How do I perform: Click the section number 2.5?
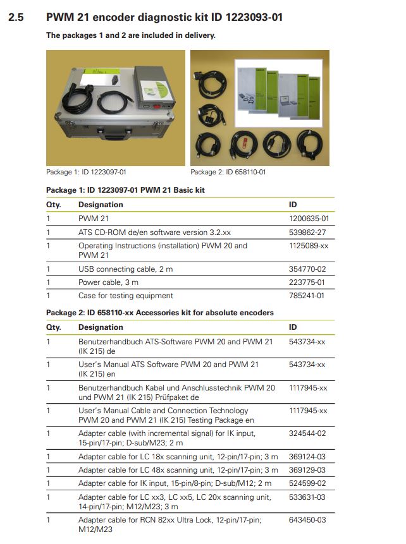click(16, 17)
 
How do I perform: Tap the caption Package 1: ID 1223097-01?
click(86, 172)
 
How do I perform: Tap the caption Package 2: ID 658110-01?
click(228, 172)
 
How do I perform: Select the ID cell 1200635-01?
click(309, 219)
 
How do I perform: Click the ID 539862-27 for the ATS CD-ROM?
click(307, 233)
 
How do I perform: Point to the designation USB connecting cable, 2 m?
click(125, 269)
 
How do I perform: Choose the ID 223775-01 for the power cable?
click(307, 282)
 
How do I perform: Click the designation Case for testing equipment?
click(126, 296)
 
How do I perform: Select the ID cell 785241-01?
click(307, 296)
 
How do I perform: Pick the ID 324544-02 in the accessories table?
click(307, 433)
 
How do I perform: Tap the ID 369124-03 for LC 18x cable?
click(307, 457)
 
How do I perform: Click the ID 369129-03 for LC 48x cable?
click(307, 470)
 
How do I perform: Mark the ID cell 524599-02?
click(307, 483)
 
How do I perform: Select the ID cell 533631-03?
click(307, 497)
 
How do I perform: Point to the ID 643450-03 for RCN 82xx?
click(307, 520)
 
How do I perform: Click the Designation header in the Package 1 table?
click(101, 205)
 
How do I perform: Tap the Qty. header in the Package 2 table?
click(54, 327)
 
